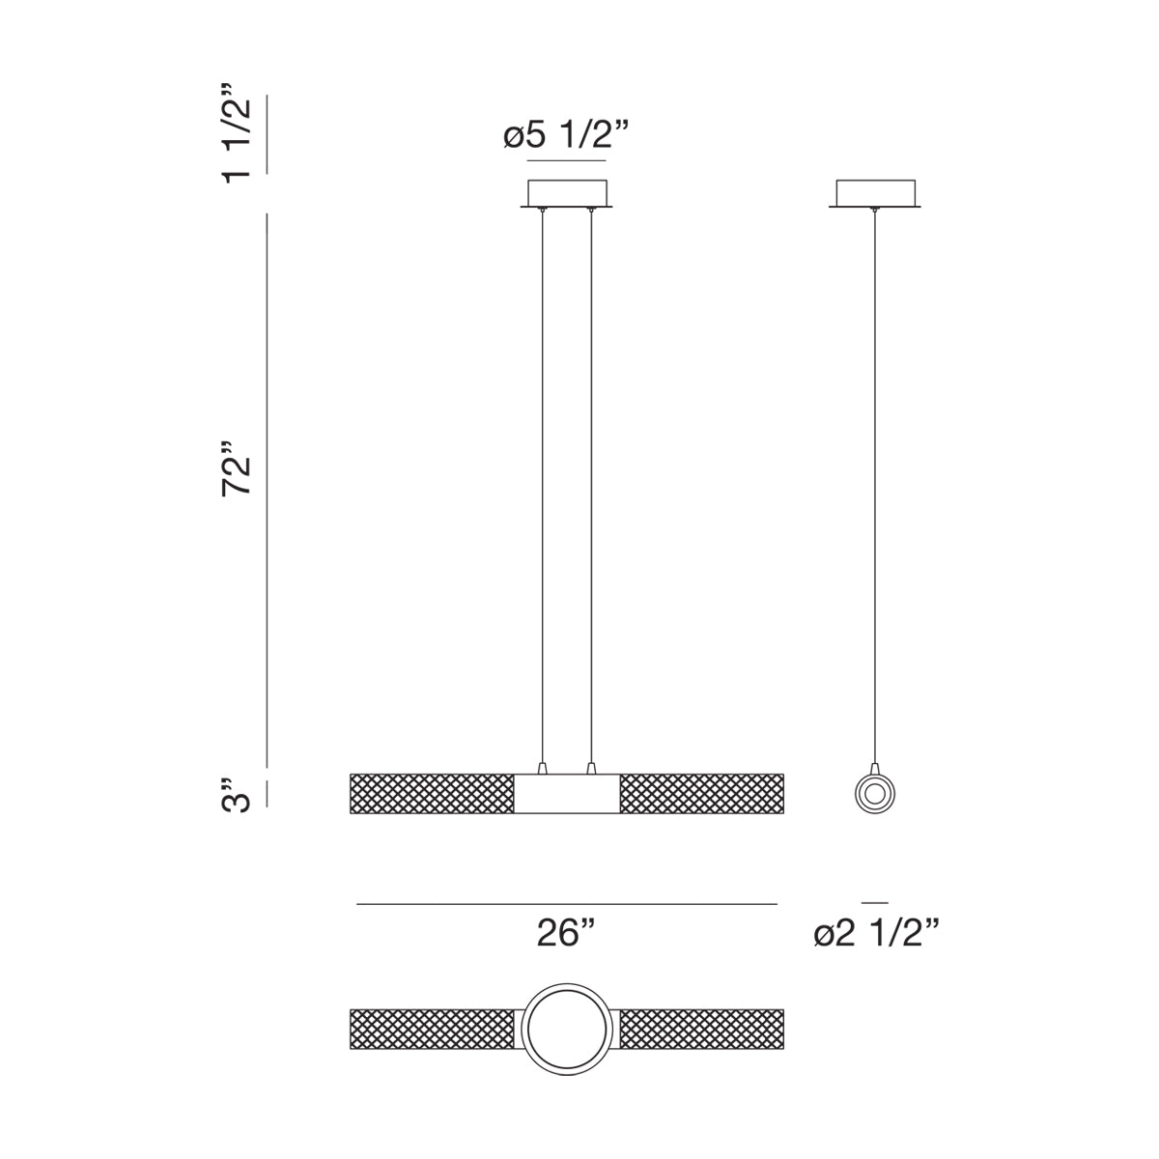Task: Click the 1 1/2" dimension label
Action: [235, 133]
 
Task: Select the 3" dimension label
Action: [235, 795]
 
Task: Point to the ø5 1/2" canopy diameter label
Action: [566, 134]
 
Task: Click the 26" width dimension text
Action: [566, 933]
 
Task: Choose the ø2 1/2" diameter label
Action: [876, 933]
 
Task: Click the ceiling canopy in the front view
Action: [567, 194]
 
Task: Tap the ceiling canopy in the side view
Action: [875, 194]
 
